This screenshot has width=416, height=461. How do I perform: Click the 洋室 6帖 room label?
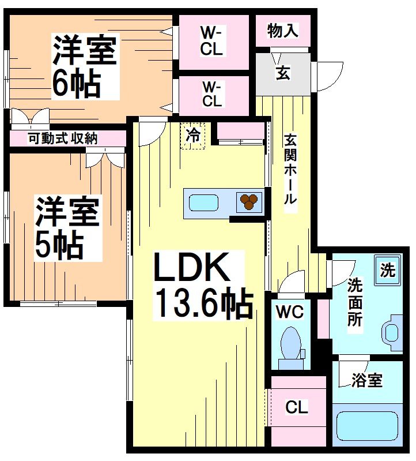(x=85, y=67)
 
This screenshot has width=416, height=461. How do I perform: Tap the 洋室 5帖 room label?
(x=68, y=228)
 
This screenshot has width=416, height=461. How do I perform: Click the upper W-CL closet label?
(x=211, y=40)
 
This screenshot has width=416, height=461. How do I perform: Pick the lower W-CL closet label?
(x=211, y=93)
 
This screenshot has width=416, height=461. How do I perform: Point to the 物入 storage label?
(x=283, y=31)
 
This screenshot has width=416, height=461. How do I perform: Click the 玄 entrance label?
(x=283, y=74)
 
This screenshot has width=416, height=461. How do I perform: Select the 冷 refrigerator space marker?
(x=194, y=136)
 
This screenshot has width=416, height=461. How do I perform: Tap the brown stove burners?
(x=249, y=202)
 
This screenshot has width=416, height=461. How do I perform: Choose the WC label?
(x=289, y=312)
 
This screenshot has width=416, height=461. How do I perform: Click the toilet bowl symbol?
(x=290, y=343)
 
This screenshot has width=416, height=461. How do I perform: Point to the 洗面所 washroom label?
(x=354, y=302)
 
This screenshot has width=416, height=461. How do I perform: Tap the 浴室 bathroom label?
(x=367, y=380)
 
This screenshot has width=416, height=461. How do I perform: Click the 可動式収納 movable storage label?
(x=63, y=138)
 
